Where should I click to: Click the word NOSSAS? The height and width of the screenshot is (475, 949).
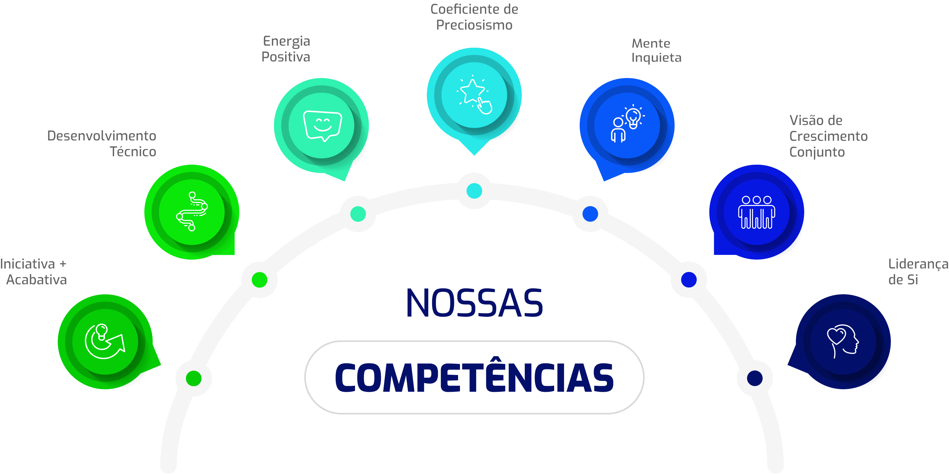point(474,303)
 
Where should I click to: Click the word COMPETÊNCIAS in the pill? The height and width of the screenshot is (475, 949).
point(474,377)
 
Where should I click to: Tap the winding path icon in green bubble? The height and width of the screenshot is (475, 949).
point(192,212)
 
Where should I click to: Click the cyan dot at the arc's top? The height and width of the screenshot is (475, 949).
point(474,191)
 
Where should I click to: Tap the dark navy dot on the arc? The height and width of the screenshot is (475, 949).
point(755,378)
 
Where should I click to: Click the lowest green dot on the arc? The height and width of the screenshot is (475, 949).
point(193,378)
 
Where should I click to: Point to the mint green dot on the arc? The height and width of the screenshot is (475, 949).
point(358,214)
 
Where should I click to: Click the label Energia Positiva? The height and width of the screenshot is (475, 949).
point(286,49)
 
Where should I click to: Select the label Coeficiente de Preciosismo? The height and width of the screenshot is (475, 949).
point(474,17)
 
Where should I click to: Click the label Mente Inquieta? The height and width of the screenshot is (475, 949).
point(656,51)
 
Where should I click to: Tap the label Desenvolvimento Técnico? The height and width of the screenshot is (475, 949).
point(102,144)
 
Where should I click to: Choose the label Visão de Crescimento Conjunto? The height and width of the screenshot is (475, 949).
point(828,136)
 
